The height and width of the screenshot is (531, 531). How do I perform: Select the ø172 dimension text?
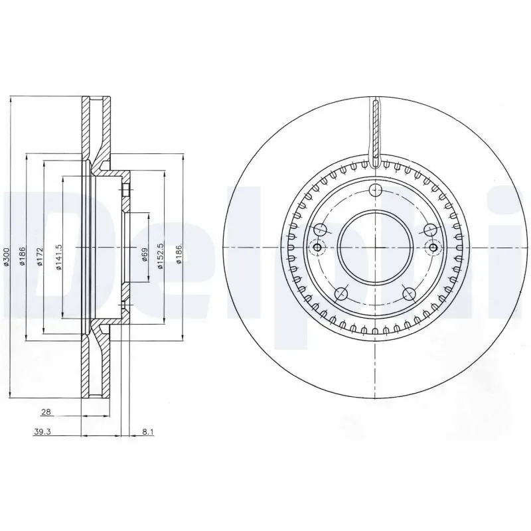coord(40,258)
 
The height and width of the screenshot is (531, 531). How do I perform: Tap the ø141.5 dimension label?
coord(59,258)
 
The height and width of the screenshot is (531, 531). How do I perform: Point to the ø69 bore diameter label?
coord(144,256)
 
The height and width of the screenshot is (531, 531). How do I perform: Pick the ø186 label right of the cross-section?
coord(179,256)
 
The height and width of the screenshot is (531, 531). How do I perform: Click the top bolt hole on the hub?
coord(376,192)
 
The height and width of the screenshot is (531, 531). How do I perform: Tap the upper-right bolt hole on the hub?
coord(430,230)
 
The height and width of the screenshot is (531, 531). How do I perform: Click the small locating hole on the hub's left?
coord(317,248)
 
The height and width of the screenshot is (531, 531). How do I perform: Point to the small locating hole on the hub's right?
coord(434,248)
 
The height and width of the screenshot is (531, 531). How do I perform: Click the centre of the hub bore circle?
coord(376,247)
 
